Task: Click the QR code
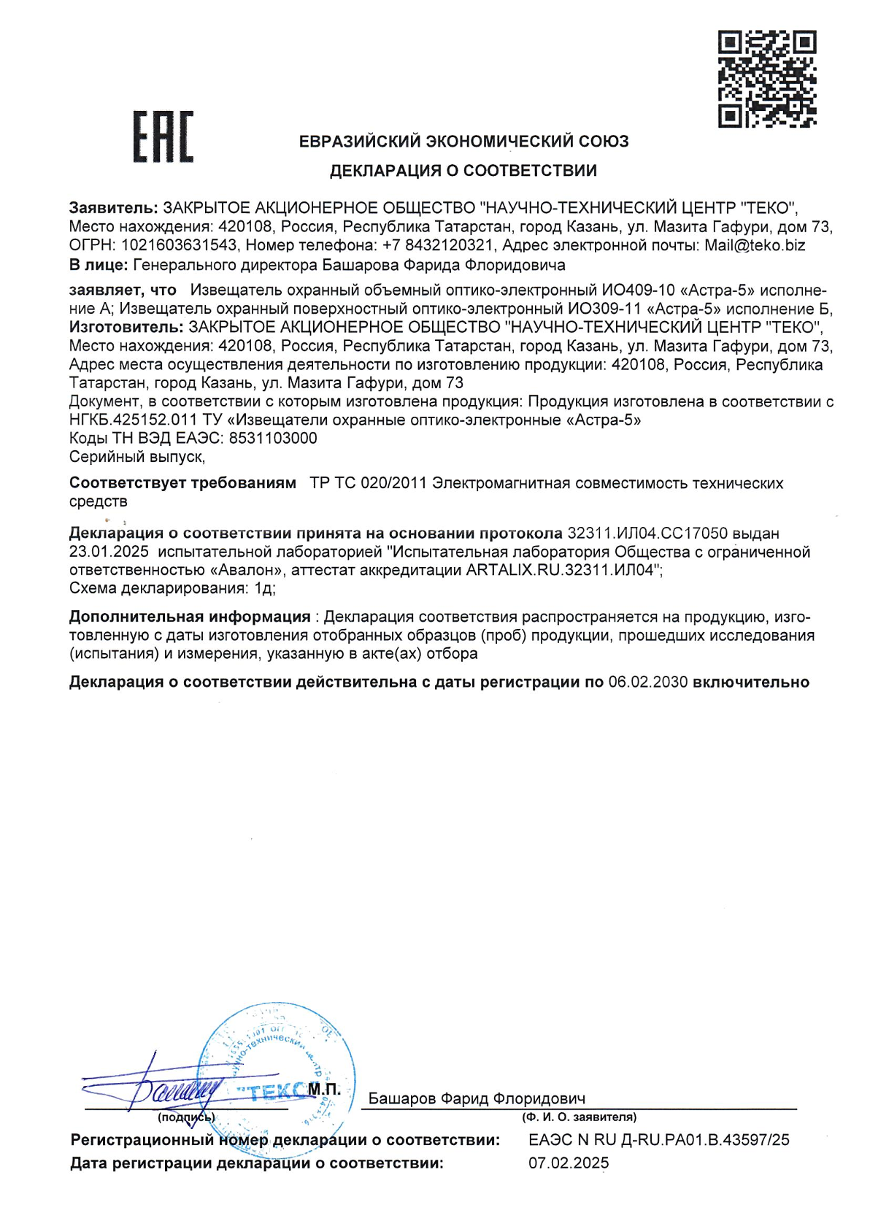point(766,79)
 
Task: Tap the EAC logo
point(163,136)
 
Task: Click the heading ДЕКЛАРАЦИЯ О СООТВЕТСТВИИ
point(463,171)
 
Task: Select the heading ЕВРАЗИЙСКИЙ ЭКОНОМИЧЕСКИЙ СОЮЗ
point(463,142)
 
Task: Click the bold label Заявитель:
point(113,208)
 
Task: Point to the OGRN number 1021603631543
point(179,245)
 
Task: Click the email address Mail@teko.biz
point(755,245)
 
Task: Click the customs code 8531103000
point(273,438)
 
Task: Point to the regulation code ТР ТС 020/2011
point(368,483)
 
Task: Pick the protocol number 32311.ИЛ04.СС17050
point(647,533)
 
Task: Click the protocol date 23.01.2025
point(109,552)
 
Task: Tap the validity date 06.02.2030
point(647,682)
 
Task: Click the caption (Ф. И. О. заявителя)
point(579,1117)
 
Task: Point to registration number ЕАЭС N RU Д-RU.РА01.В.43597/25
point(658,1140)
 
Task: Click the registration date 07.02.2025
point(569,1163)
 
